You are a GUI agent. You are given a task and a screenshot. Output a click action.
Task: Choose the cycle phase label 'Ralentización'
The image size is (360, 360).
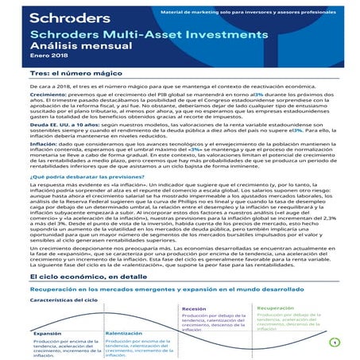(x=122, y=335)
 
